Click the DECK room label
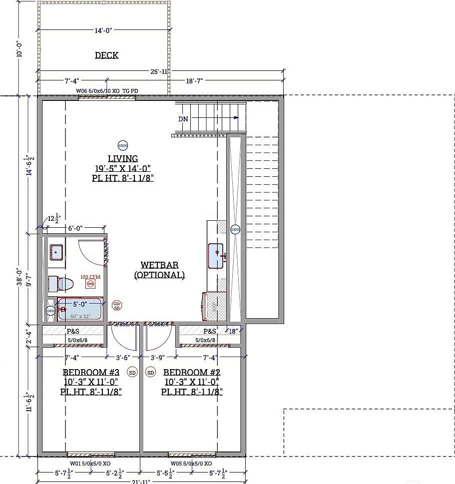(107, 55)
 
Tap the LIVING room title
(123, 159)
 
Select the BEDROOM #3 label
(91, 372)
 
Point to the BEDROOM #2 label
(192, 372)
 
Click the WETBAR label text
(159, 265)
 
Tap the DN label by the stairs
(183, 119)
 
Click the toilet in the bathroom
(60, 284)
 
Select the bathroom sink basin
(56, 252)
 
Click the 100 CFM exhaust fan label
(90, 277)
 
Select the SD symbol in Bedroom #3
(132, 372)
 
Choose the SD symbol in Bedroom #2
(150, 372)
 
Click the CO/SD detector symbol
(117, 305)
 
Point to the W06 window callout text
(106, 90)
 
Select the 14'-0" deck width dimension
(103, 30)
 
